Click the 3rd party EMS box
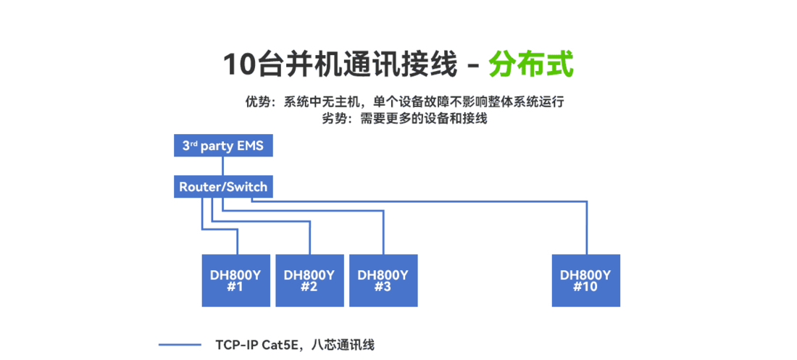(x=222, y=146)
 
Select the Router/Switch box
(x=222, y=187)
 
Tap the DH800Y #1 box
(x=235, y=280)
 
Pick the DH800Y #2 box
(x=309, y=280)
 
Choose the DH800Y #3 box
(x=383, y=280)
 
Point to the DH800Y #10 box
(x=585, y=280)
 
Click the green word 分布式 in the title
(x=531, y=64)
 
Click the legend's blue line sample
(x=180, y=345)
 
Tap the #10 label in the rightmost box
(x=585, y=287)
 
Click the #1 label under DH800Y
(x=235, y=287)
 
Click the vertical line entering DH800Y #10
(x=586, y=228)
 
